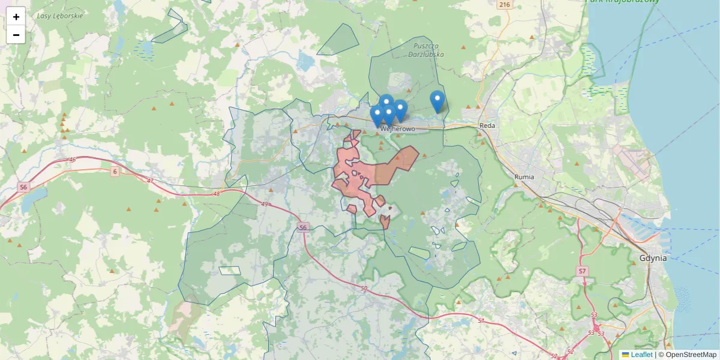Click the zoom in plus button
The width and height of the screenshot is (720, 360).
click(16, 17)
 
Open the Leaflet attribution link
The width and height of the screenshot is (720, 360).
click(641, 355)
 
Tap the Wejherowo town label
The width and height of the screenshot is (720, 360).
click(398, 128)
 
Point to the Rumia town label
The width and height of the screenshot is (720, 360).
click(524, 177)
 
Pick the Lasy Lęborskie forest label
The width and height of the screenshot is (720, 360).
click(60, 16)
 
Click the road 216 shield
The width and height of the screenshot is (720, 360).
click(504, 5)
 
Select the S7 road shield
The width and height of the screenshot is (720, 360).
click(582, 272)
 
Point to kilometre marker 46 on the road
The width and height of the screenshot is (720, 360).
click(73, 160)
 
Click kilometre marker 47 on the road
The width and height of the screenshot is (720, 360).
click(150, 181)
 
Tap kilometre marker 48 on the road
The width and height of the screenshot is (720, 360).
click(217, 194)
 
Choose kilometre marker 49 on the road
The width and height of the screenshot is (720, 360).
click(264, 204)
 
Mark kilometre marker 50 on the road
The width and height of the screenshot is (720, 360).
click(364, 289)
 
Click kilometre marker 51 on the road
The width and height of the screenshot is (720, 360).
click(481, 321)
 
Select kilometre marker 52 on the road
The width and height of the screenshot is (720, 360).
click(570, 352)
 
